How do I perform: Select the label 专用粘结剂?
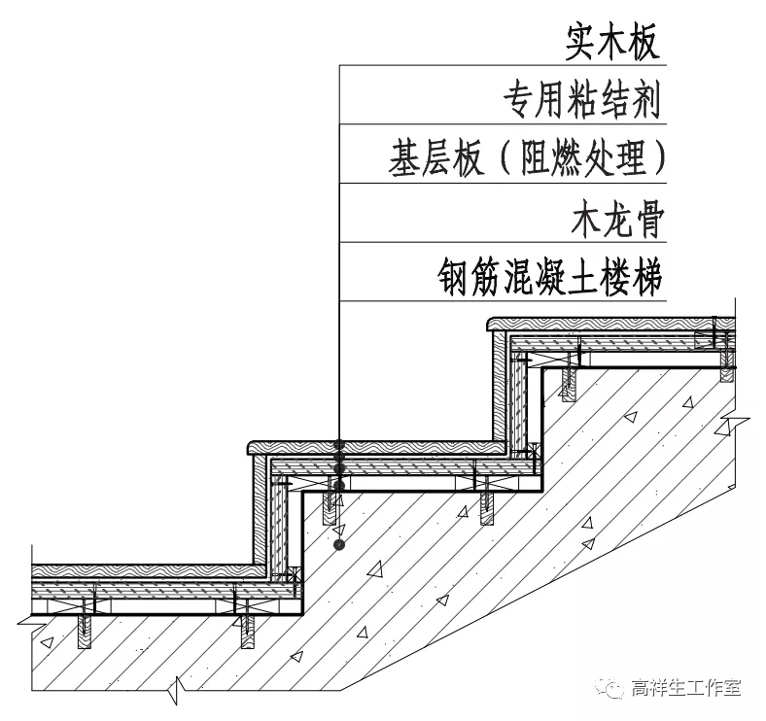click(581, 98)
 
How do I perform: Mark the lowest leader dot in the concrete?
click(338, 546)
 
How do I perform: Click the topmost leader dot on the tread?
click(338, 446)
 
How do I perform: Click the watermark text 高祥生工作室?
click(685, 688)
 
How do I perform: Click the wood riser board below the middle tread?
click(260, 510)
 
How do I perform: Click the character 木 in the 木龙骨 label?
click(585, 222)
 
